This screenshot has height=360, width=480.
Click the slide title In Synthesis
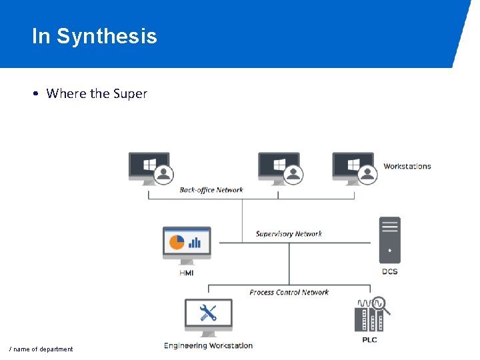click(x=94, y=36)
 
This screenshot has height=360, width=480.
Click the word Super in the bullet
click(x=130, y=94)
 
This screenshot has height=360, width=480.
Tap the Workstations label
click(x=407, y=167)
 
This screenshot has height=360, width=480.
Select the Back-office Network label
click(x=211, y=190)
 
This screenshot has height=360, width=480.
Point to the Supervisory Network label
click(x=289, y=234)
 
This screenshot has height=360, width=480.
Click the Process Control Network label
click(x=289, y=293)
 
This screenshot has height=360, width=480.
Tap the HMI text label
click(x=186, y=273)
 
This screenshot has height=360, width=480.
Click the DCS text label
click(x=389, y=271)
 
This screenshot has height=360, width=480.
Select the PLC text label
click(x=369, y=340)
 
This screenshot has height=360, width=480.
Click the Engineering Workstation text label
click(x=209, y=346)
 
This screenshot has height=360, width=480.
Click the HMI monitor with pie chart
click(x=187, y=245)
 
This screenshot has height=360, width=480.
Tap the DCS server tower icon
click(x=389, y=240)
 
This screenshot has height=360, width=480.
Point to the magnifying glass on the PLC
click(x=381, y=305)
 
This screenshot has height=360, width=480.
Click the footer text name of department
click(x=41, y=349)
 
